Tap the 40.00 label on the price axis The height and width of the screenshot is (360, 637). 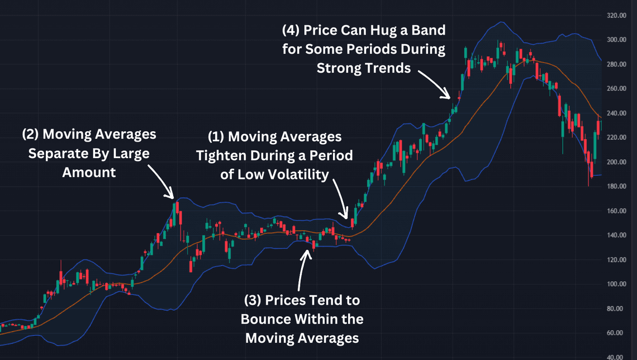pyautogui.click(x=616, y=357)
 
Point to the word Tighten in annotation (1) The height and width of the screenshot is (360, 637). pyautogui.click(x=219, y=155)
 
